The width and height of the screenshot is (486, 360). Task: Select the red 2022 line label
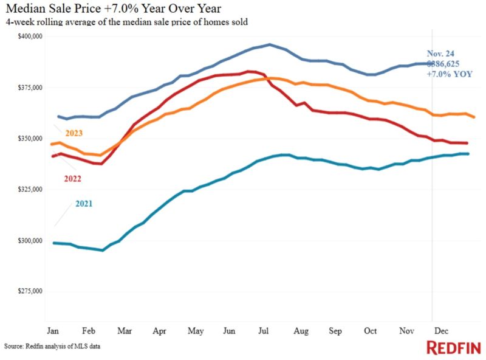pos(71,179)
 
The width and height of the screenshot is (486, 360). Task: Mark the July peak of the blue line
pos(269,44)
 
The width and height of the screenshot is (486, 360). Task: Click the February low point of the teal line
pos(102,250)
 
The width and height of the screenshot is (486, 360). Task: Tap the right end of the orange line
pos(474,117)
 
